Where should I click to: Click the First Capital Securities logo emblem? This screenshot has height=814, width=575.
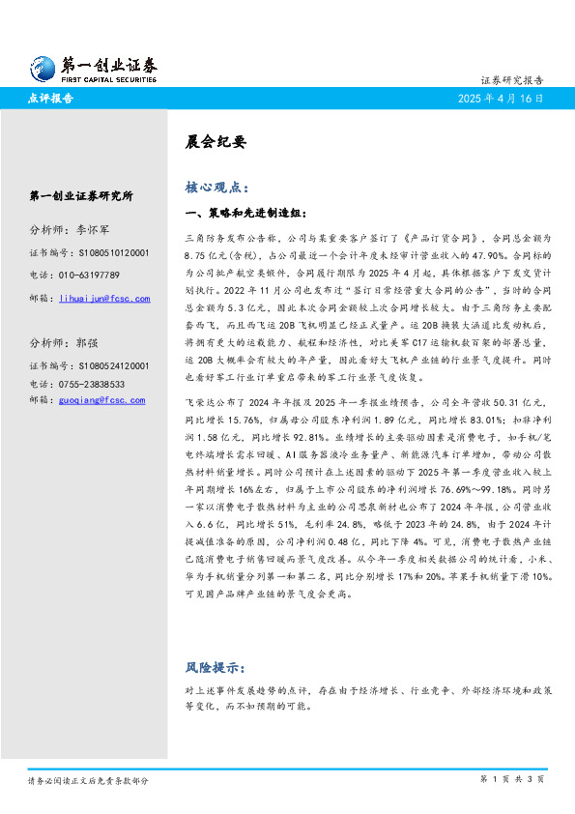point(41,68)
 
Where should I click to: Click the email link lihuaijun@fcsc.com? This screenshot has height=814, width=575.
point(104,299)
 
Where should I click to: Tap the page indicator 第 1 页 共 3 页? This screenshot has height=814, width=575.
point(512,778)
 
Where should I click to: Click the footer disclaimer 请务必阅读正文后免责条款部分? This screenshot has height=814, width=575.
point(88,780)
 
